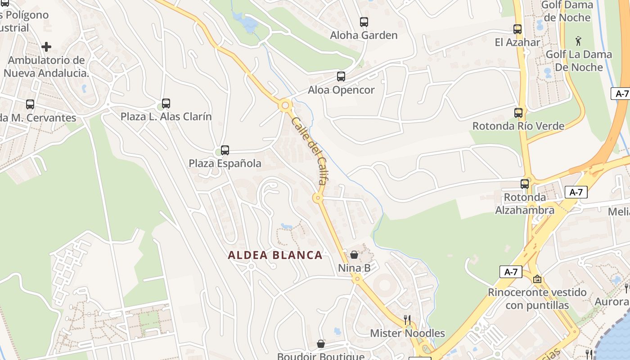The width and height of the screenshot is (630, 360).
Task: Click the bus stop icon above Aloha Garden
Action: click(x=364, y=22)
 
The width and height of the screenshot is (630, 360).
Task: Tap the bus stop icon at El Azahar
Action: click(x=517, y=29)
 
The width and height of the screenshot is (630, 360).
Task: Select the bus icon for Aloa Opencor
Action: click(x=341, y=76)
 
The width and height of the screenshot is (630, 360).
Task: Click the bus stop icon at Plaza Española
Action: click(x=225, y=150)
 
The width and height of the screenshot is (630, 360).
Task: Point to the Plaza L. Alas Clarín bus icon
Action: click(x=166, y=103)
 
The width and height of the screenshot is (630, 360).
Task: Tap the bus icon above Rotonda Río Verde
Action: click(x=518, y=112)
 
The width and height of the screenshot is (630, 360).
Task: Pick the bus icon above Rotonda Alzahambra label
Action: click(x=525, y=184)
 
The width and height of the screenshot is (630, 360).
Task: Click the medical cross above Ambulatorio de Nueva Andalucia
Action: click(x=46, y=47)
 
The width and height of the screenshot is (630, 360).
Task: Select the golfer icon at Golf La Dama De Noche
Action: click(x=578, y=41)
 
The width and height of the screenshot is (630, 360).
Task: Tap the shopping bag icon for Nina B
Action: click(x=354, y=255)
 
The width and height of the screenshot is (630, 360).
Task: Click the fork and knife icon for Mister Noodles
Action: click(x=407, y=320)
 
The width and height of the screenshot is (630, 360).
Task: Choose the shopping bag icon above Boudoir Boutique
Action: click(x=320, y=344)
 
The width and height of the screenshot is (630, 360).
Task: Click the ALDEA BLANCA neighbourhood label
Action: click(x=275, y=255)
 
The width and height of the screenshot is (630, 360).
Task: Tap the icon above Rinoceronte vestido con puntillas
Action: click(x=537, y=279)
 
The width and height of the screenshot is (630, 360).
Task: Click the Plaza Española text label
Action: click(x=225, y=163)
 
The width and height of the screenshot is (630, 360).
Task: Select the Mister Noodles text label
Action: click(x=407, y=333)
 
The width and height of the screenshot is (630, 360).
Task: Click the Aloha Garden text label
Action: click(x=364, y=35)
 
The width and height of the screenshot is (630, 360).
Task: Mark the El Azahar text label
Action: click(x=517, y=42)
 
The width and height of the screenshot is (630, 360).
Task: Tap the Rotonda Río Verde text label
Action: click(x=518, y=126)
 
